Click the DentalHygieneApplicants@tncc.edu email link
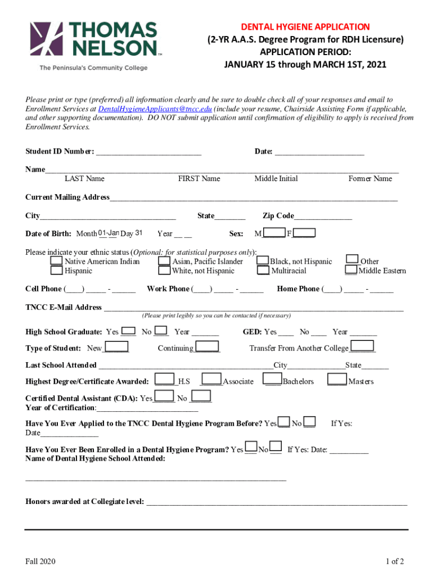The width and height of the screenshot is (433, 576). pos(155,109)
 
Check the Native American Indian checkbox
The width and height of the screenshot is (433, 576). pos(57,261)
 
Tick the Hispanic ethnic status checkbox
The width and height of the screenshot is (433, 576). pos(57,271)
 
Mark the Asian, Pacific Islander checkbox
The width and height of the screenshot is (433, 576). pos(164,261)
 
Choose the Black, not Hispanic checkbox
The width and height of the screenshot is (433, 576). pos(263,261)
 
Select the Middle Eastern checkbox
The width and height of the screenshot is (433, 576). pos(351,271)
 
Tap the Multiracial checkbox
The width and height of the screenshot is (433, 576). pos(263,271)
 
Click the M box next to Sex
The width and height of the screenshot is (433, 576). pos(274,233)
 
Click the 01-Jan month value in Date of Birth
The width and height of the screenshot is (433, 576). pos(108,233)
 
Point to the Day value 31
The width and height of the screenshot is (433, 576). pos(139,233)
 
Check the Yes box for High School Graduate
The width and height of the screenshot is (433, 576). pos(128,331)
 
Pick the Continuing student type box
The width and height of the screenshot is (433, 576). pos(207,347)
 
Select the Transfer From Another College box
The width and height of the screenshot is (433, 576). pos(363,346)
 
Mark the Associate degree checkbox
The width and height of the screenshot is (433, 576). pos(212,380)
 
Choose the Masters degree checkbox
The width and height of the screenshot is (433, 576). pos(337,380)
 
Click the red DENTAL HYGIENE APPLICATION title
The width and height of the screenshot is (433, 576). pos(305,27)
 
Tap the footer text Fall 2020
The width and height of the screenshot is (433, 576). pos(40,561)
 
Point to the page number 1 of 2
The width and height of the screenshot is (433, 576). pos(395,561)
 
